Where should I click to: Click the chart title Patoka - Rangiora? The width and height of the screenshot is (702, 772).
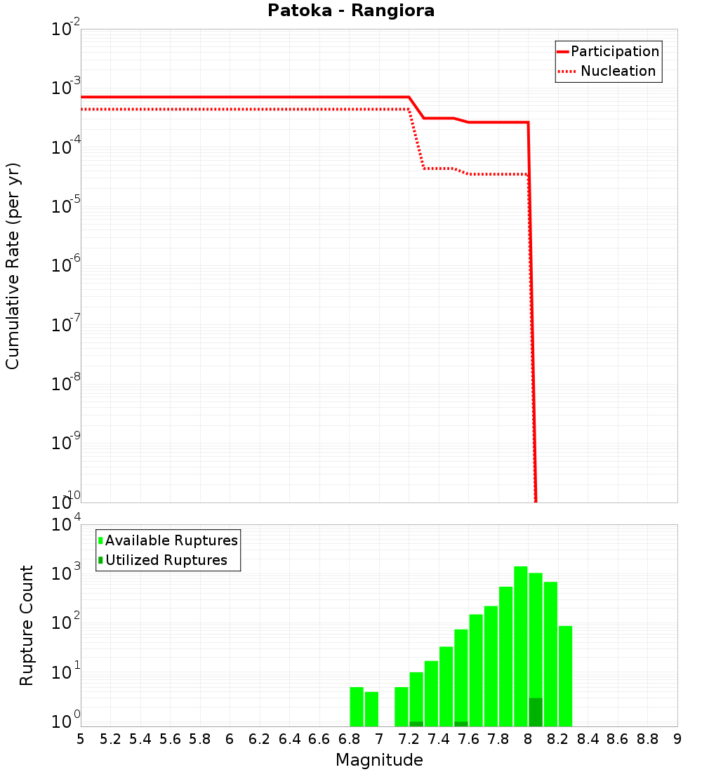coord(351,11)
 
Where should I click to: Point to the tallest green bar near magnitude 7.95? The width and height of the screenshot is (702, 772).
coord(521,646)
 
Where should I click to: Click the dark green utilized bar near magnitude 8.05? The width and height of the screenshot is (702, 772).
coord(536,712)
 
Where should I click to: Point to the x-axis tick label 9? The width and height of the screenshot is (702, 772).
coord(677,739)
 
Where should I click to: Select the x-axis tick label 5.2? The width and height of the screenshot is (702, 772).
coord(110,739)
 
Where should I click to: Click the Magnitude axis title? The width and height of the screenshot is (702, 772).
coord(379,760)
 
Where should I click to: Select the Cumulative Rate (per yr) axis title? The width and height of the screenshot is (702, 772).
coord(13,267)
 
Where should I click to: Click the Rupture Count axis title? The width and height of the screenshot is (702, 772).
coord(27,625)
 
